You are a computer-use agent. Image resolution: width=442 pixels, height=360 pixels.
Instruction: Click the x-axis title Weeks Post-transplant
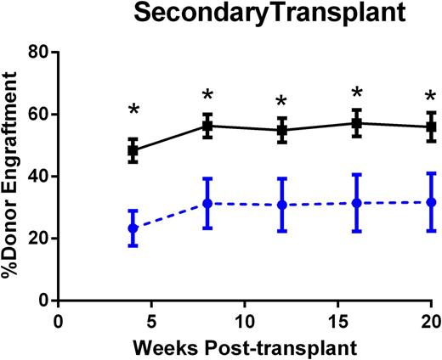[x=245, y=349]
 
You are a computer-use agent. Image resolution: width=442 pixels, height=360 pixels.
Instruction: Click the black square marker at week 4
[x=133, y=150]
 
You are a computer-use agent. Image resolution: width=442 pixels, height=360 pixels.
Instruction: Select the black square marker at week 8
[x=207, y=126]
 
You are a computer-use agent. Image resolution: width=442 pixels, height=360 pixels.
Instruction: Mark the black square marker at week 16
[x=357, y=123]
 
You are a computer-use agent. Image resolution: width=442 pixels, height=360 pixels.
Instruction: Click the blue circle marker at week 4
[x=133, y=228]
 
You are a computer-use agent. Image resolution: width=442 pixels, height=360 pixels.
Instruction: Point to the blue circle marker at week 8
[x=207, y=204]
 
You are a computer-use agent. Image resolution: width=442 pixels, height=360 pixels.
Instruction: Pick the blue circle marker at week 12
[x=282, y=205]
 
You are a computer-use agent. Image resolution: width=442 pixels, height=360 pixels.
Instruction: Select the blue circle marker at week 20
[x=432, y=202]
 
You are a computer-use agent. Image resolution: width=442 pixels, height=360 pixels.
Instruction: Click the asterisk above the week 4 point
[x=133, y=110]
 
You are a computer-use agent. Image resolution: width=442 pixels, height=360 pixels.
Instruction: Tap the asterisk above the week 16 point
[x=357, y=93]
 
